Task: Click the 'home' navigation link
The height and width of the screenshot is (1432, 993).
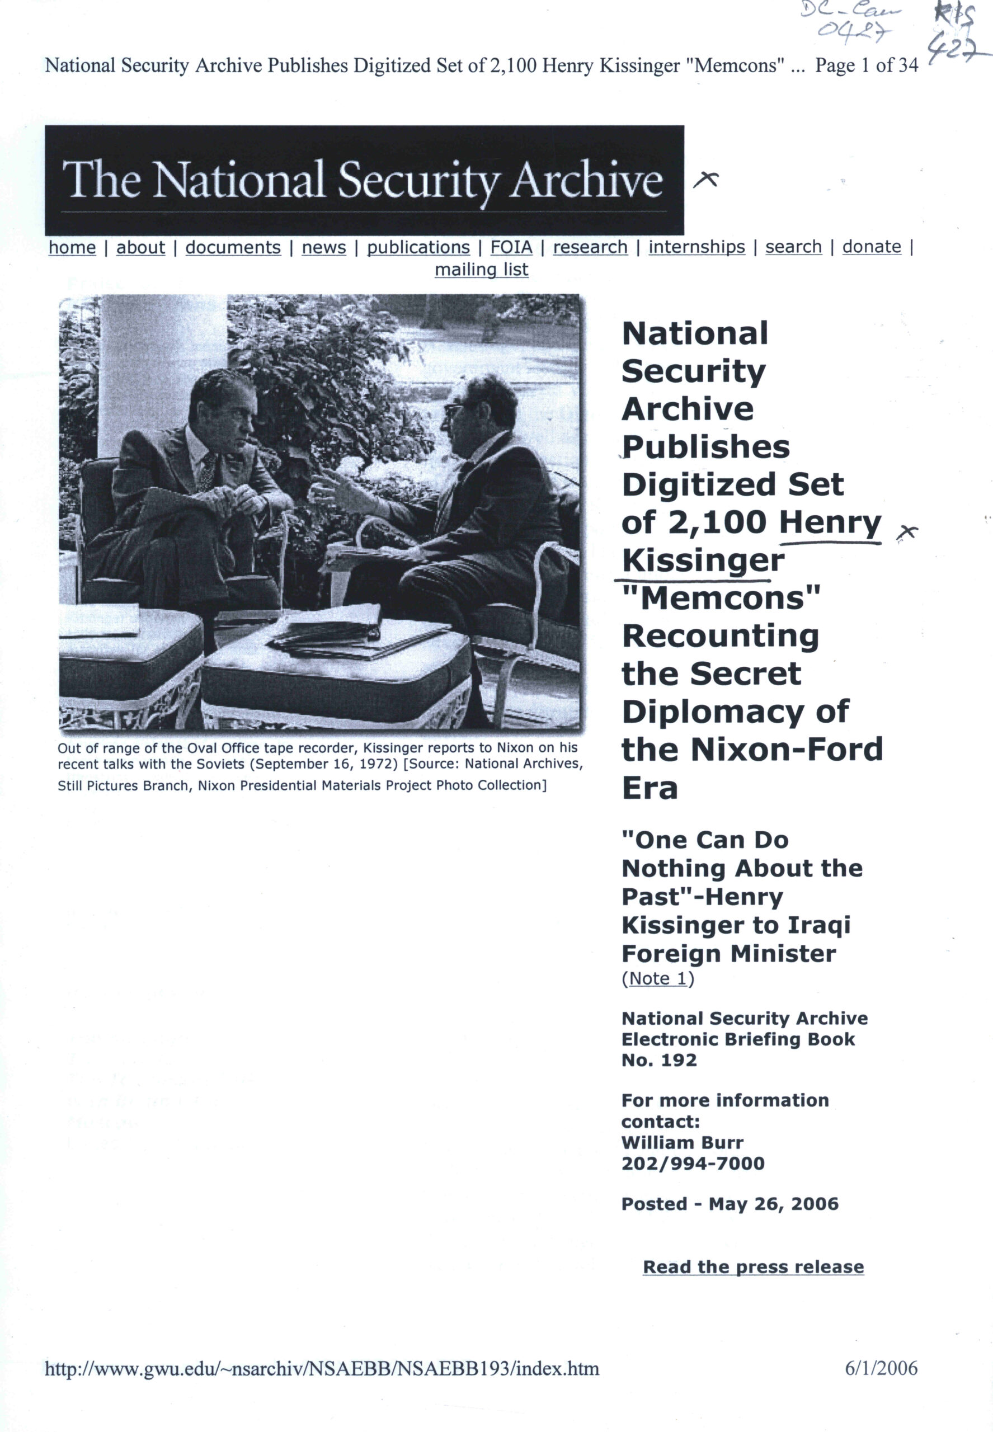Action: tap(72, 248)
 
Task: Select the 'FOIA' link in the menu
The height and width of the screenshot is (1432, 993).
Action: tap(511, 248)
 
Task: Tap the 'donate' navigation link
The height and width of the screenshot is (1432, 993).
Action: tap(872, 247)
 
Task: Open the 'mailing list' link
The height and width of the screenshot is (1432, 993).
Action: tap(482, 270)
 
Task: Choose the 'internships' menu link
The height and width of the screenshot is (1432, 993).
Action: tap(696, 247)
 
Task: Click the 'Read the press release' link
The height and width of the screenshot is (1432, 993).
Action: tap(753, 1266)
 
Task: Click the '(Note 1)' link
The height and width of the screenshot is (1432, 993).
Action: tap(658, 978)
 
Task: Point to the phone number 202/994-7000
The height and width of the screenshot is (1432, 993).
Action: tap(693, 1163)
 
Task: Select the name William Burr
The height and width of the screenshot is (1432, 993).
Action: tap(682, 1142)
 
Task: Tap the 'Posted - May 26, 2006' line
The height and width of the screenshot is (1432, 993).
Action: tap(729, 1204)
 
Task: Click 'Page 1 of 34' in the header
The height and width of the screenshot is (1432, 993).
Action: tap(866, 66)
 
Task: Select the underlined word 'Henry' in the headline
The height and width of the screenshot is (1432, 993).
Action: tap(830, 522)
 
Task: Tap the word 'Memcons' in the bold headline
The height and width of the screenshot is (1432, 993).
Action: tap(722, 599)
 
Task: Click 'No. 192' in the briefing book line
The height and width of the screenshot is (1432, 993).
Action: tap(659, 1060)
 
